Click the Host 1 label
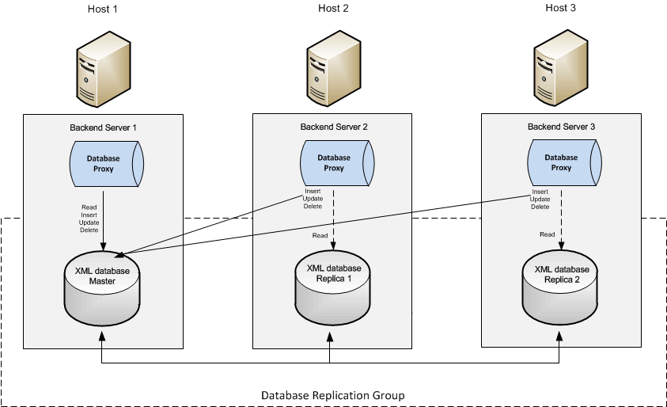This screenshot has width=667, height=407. [101, 9]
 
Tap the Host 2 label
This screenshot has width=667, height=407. [333, 9]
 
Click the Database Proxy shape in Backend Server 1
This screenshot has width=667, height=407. [104, 163]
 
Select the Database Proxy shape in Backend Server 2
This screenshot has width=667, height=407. [334, 163]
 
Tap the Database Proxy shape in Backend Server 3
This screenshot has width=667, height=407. [561, 162]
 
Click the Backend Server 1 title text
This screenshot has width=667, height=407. [104, 127]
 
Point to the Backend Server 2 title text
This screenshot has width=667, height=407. [334, 127]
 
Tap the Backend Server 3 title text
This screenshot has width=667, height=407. [561, 126]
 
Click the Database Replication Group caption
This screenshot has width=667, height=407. [333, 395]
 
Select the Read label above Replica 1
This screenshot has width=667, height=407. [320, 235]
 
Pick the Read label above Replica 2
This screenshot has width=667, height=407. [547, 234]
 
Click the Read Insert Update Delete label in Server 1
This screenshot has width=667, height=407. [89, 219]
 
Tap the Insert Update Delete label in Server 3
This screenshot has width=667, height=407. [540, 199]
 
